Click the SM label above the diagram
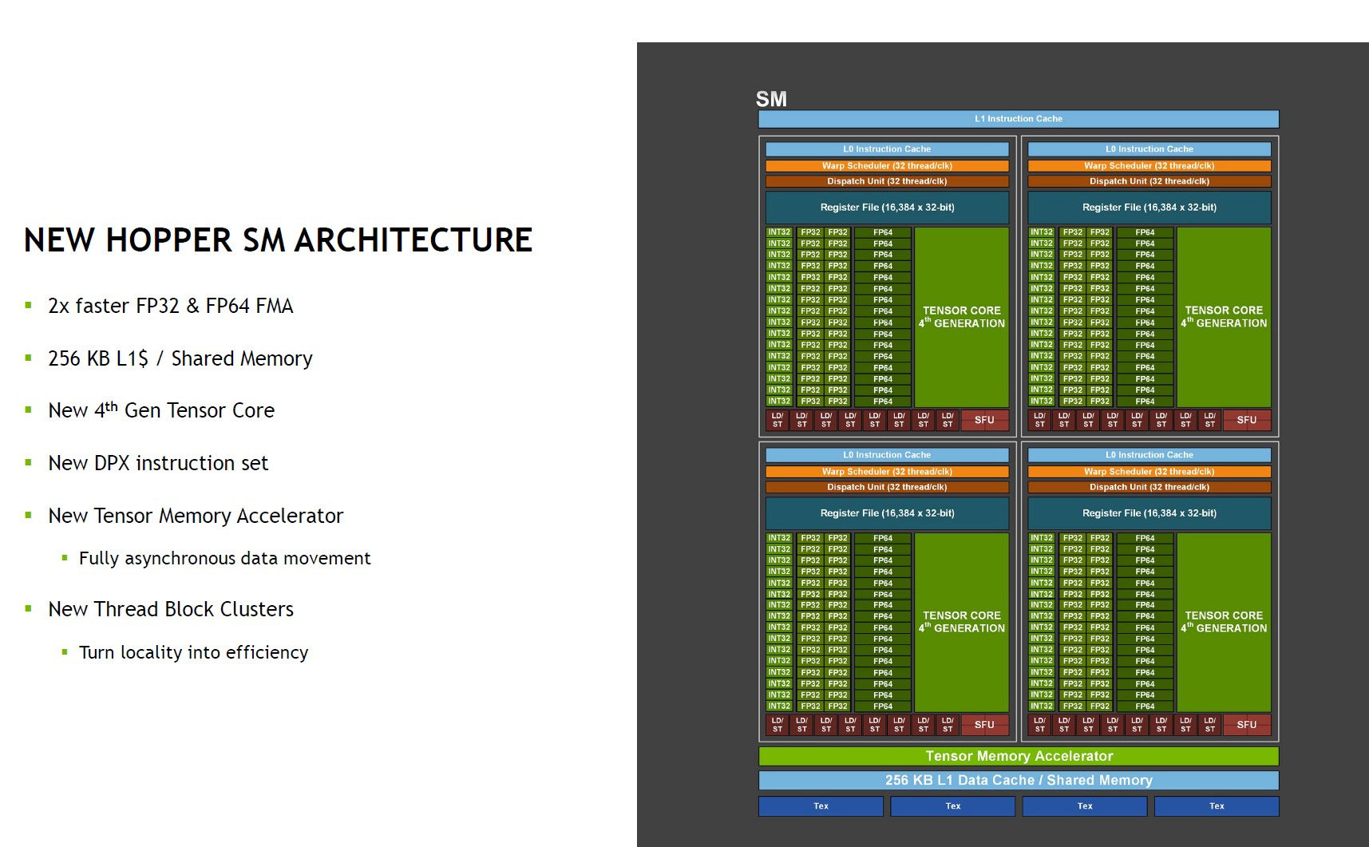coord(771,99)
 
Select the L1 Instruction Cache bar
coord(1019,119)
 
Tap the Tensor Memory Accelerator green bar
coord(1019,756)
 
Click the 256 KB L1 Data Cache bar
coord(1019,780)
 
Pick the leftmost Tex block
coord(821,806)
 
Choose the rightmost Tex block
coord(1217,806)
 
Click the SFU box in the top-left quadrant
coord(984,420)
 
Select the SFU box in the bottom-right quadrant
coord(1247,725)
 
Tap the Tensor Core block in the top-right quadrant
coord(1224,317)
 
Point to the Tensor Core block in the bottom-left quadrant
coord(962,622)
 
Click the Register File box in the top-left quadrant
coord(887,208)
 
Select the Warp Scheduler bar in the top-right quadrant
coord(1149,166)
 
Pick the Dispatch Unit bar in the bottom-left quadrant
coord(887,487)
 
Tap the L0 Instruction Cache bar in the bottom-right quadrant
coord(1149,455)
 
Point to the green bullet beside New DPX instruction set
coord(29,462)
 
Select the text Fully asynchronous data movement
coord(225,559)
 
